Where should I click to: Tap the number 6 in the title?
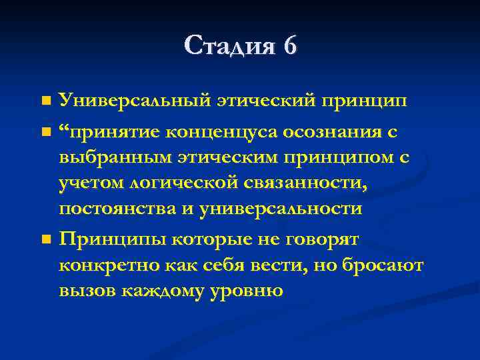(x=290, y=46)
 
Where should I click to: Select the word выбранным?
(x=117, y=157)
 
